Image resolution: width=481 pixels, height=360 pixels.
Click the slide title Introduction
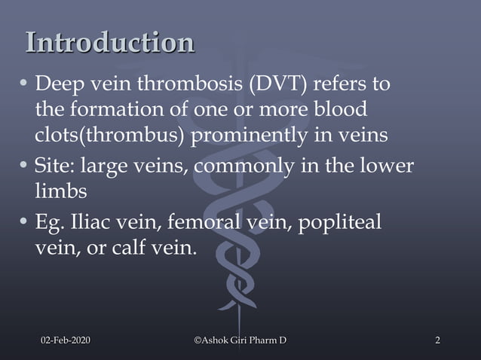[x=110, y=43]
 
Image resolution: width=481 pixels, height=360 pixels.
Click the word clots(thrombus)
[x=110, y=136]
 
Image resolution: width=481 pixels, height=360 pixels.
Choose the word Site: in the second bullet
[x=55, y=165]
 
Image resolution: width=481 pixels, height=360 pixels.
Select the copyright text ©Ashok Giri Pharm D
[x=240, y=342]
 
